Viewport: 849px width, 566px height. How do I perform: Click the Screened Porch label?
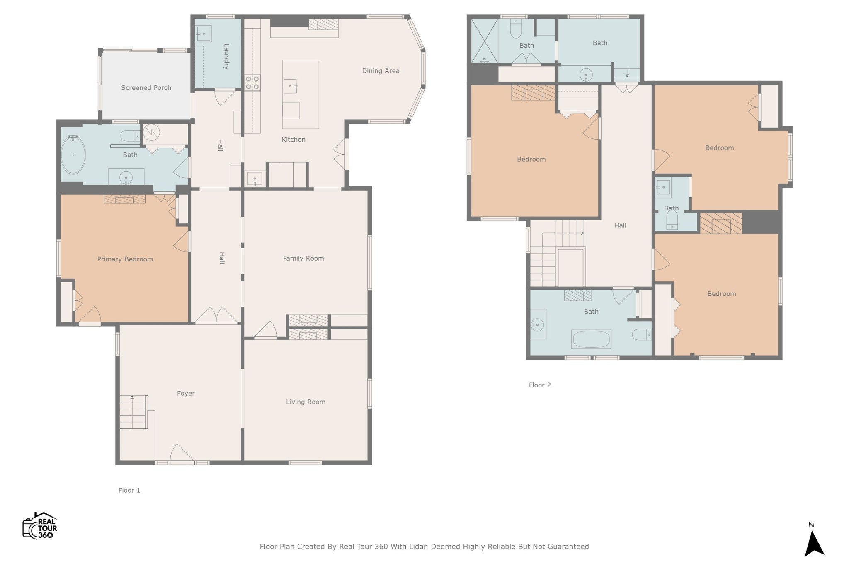click(146, 88)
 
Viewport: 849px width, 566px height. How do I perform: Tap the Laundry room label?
click(226, 56)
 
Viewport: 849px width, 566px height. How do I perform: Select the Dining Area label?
click(381, 71)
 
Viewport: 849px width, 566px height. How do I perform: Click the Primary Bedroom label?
click(125, 259)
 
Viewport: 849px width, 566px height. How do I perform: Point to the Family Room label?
click(303, 259)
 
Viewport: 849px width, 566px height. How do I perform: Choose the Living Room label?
click(306, 402)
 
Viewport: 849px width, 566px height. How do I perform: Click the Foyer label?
click(186, 394)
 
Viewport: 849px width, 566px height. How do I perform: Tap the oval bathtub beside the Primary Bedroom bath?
click(73, 155)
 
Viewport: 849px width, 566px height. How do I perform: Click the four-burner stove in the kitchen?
click(252, 82)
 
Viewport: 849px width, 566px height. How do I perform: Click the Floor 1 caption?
click(129, 491)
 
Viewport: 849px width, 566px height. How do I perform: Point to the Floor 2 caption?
click(540, 385)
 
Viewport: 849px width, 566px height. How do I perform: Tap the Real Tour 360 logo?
click(40, 526)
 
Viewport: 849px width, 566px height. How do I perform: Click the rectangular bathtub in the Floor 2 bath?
click(591, 339)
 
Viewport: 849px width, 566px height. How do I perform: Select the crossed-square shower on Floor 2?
click(485, 41)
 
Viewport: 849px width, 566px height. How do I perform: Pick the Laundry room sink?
click(203, 34)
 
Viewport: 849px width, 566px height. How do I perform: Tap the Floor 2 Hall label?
click(620, 226)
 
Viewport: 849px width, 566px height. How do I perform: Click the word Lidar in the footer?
click(419, 547)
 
